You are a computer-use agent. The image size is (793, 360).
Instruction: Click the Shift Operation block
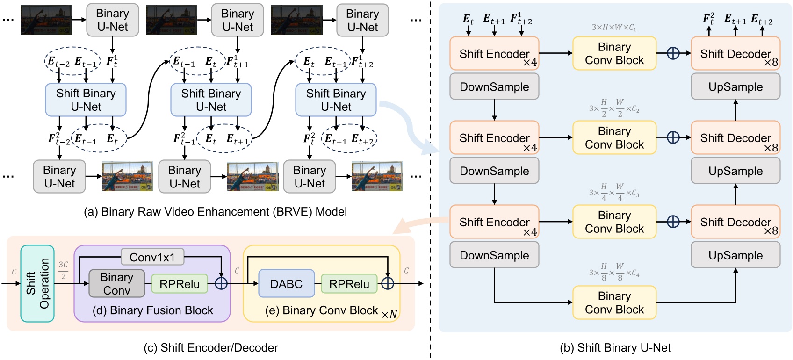click(37, 283)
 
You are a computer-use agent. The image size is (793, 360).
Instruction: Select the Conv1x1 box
click(152, 257)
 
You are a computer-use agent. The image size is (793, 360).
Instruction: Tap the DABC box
click(286, 283)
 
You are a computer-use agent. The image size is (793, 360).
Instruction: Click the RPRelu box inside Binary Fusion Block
click(179, 284)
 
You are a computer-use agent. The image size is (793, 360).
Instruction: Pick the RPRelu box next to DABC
click(349, 284)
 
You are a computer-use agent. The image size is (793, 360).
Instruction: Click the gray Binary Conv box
click(116, 283)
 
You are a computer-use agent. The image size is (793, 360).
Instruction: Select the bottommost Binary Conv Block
click(614, 303)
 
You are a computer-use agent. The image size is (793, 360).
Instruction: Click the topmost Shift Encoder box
click(494, 54)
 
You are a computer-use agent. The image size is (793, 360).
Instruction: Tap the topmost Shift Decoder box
click(735, 54)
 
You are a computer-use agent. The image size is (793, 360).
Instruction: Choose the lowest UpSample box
click(735, 255)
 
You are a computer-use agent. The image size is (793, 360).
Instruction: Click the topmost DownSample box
click(494, 87)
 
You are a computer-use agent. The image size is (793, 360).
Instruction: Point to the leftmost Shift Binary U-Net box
click(86, 100)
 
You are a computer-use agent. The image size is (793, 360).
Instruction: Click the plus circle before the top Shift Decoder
click(673, 53)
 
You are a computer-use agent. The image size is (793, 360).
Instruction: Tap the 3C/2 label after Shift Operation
click(63, 270)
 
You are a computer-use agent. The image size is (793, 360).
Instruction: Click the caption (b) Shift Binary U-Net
click(615, 347)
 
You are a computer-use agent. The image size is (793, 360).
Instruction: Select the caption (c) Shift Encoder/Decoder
click(211, 347)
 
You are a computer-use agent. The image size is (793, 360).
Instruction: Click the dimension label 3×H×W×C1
click(614, 28)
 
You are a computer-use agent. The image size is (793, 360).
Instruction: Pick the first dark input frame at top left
click(46, 20)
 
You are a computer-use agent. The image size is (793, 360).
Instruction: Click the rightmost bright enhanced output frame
click(377, 177)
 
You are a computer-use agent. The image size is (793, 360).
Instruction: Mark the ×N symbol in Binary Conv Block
click(389, 315)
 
